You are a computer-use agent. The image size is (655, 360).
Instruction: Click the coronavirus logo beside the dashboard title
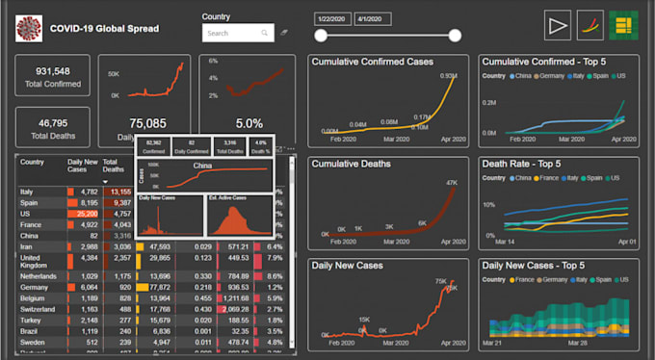coord(29,29)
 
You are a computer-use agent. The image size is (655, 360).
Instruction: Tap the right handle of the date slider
coord(455,36)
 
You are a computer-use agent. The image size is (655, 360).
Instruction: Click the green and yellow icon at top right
coord(624,25)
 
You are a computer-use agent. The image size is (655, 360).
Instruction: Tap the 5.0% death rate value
coord(249,123)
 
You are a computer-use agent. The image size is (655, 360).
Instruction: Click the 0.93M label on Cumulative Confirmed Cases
coord(447,76)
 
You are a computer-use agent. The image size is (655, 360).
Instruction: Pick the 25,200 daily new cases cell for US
coord(87,214)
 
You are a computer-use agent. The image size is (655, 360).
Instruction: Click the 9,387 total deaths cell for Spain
coord(121,203)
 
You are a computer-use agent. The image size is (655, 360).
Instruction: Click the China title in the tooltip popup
coord(202,165)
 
